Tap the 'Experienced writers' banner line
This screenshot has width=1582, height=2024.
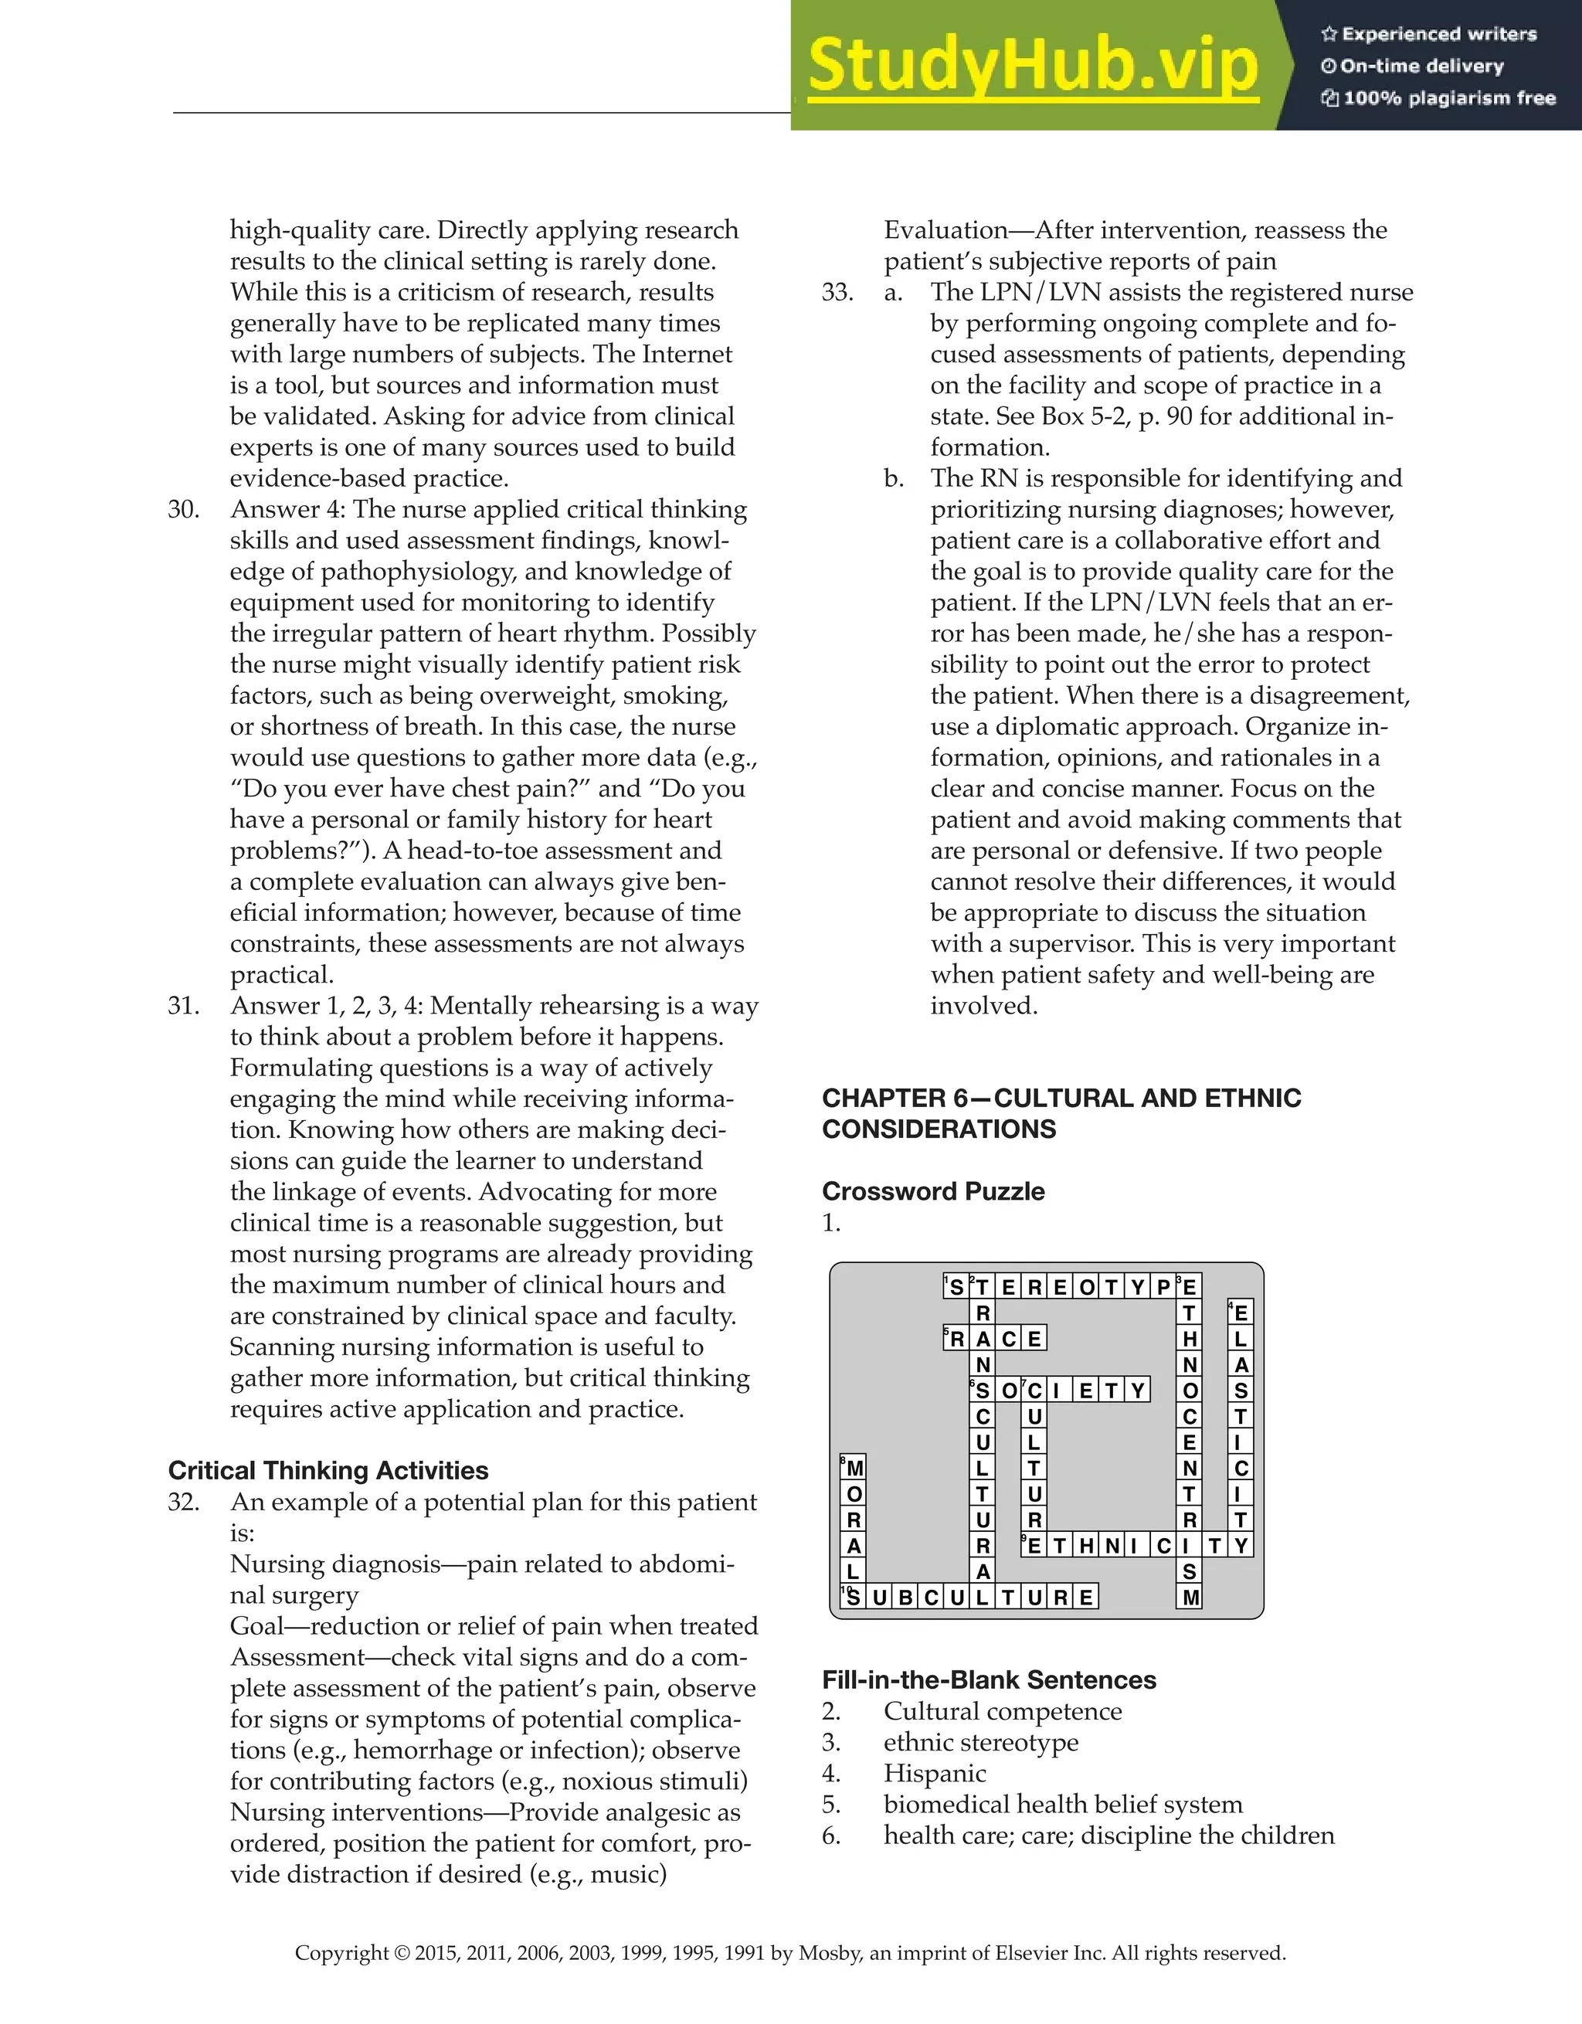pyautogui.click(x=1428, y=34)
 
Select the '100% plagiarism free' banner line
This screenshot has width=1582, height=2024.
pyautogui.click(x=1438, y=98)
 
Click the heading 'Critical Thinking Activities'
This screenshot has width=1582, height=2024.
pyautogui.click(x=328, y=1471)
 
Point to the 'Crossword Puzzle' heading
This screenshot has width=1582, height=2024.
pyautogui.click(x=932, y=1192)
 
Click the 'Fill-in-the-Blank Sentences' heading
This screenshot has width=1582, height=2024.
pyautogui.click(x=989, y=1680)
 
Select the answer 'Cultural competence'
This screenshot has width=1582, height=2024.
pyautogui.click(x=1002, y=1712)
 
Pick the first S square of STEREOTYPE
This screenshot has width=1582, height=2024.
pyautogui.click(x=956, y=1286)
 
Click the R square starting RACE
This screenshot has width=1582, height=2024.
pyautogui.click(x=956, y=1338)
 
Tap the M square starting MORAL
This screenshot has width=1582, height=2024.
pyautogui.click(x=854, y=1468)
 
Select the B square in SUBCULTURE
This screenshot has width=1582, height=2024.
pyautogui.click(x=905, y=1597)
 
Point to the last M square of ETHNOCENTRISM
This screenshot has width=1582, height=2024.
pyautogui.click(x=1190, y=1597)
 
